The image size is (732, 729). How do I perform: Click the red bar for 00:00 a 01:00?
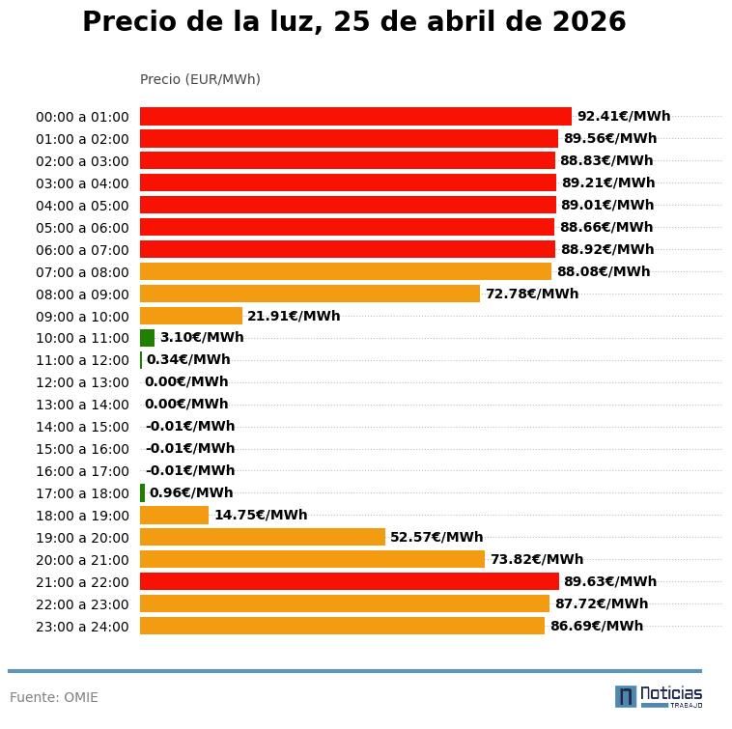(x=355, y=117)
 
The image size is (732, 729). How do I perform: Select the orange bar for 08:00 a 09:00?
(x=310, y=294)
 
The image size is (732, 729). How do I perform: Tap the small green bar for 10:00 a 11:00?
(x=147, y=338)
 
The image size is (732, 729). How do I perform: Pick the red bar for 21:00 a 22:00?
(x=350, y=581)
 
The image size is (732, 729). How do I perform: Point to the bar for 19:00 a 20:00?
(x=263, y=537)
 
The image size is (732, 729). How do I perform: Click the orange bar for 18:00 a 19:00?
(x=174, y=515)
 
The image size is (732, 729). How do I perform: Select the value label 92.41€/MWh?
(x=623, y=117)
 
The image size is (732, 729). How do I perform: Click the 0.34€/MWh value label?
(x=188, y=360)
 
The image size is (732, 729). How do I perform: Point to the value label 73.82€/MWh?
(x=536, y=559)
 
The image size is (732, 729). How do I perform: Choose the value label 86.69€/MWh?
(x=596, y=626)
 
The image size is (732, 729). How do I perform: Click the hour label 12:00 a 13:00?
(x=82, y=382)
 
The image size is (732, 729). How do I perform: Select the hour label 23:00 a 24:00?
(x=82, y=627)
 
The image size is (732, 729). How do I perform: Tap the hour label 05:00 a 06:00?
(x=82, y=228)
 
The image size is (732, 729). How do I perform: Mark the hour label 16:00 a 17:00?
(x=82, y=471)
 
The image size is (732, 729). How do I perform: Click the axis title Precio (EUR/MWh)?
(x=200, y=79)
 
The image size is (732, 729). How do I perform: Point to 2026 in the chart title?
(x=589, y=22)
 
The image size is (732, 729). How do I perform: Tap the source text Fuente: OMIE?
(x=54, y=697)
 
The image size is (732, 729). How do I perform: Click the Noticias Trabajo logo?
(x=659, y=696)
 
